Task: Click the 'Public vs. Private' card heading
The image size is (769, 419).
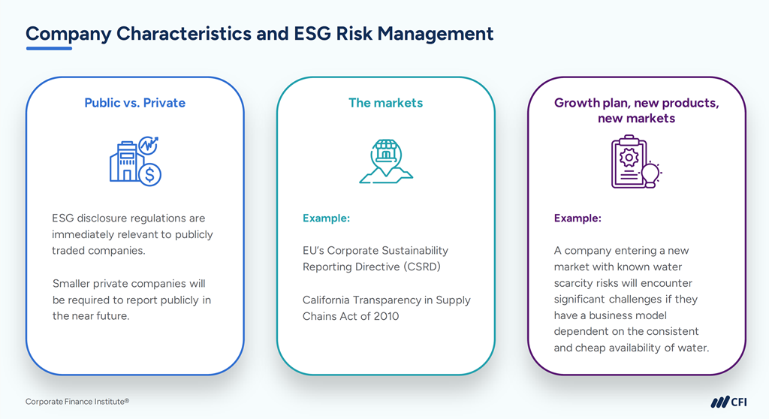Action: [x=134, y=103]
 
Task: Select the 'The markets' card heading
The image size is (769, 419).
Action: [x=385, y=103]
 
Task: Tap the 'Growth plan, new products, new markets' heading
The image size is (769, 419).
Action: [x=636, y=110]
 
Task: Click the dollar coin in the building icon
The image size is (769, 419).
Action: [x=150, y=174]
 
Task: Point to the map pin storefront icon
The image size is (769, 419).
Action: [x=386, y=155]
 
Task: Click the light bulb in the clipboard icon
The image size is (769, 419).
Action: [x=650, y=173]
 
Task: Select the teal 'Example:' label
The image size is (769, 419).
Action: [x=326, y=219]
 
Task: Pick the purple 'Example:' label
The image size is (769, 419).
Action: [x=578, y=219]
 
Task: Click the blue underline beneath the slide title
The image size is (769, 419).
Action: [x=49, y=49]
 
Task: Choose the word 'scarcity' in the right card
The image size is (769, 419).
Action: [x=574, y=283]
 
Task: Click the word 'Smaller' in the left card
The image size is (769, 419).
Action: [x=74, y=283]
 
